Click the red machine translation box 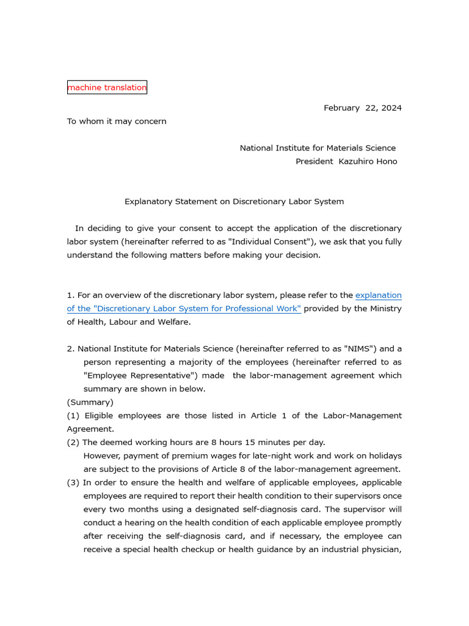[107, 87]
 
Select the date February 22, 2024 [362, 108]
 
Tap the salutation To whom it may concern [117, 121]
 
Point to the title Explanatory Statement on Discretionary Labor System [234, 201]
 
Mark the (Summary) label [90, 402]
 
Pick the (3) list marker [73, 482]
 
